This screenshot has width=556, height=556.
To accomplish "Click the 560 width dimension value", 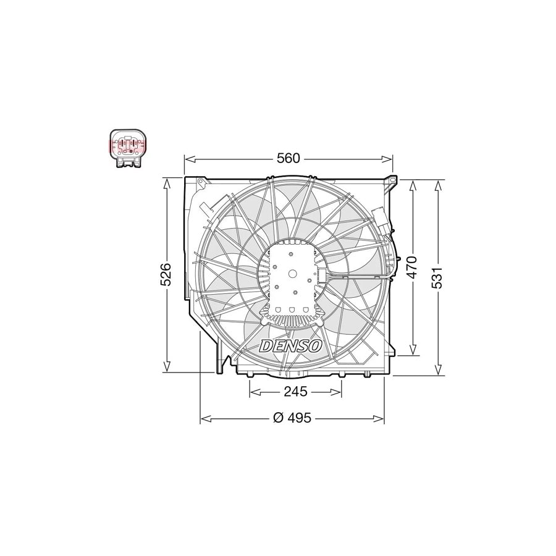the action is point(289,159).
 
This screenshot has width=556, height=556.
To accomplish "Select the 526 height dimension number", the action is point(166,274).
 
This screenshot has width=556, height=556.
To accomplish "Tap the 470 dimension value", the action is point(411,267).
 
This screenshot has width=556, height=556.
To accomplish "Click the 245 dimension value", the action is point(295,392).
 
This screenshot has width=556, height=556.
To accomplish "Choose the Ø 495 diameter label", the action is point(292,418).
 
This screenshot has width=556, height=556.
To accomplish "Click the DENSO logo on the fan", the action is point(291,346).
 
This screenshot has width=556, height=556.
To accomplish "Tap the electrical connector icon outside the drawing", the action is point(128,148).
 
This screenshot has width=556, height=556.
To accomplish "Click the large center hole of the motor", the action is point(293,274).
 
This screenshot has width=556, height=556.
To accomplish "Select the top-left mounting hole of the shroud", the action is point(201,182).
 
